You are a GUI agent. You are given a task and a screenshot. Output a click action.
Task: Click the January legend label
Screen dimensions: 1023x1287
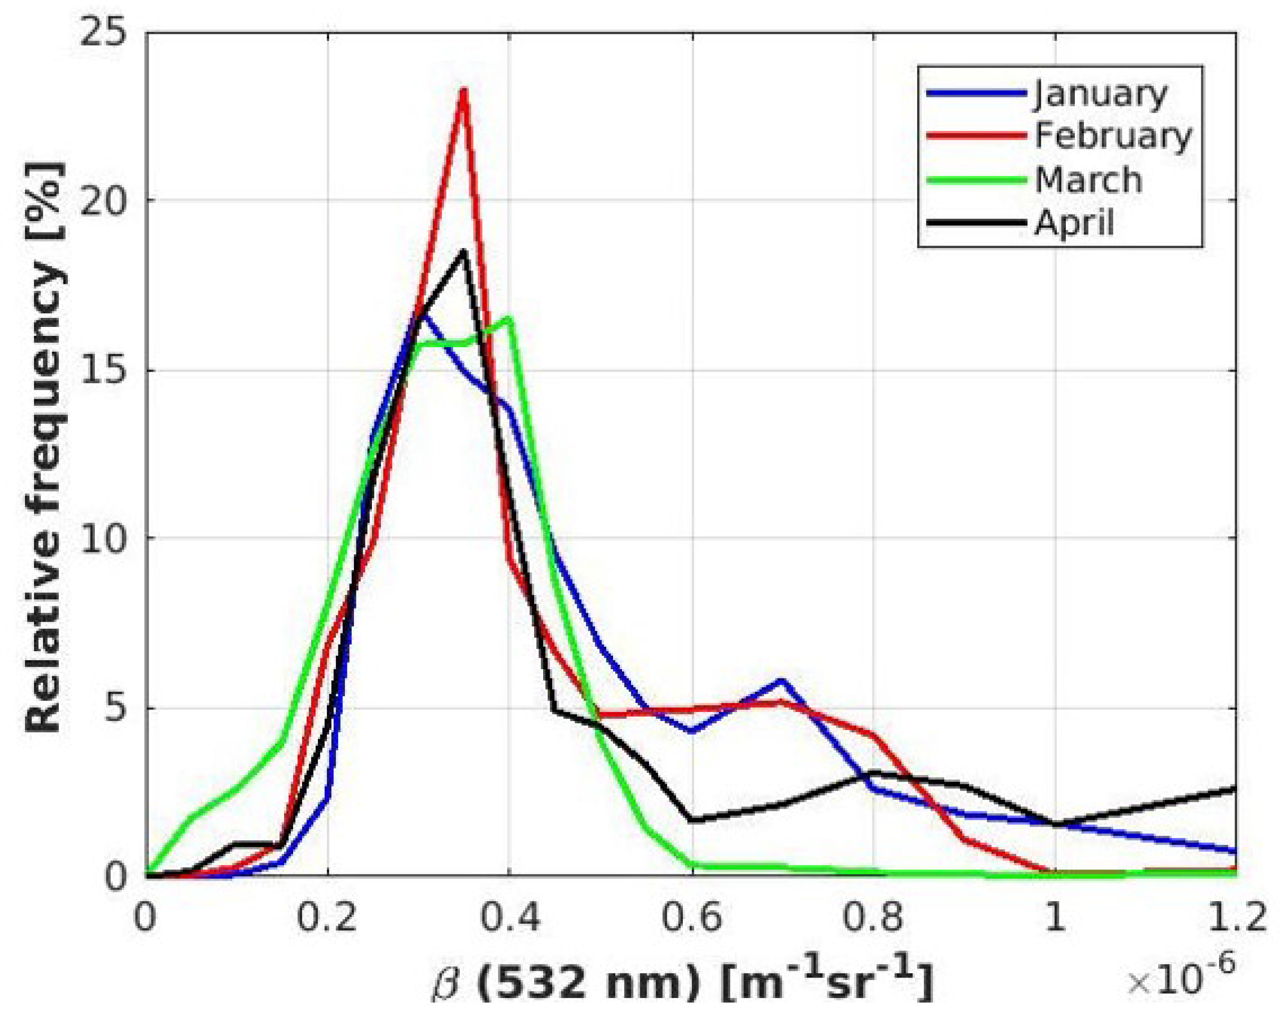(x=1100, y=94)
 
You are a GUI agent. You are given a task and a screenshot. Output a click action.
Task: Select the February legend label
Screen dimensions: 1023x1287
(x=1113, y=136)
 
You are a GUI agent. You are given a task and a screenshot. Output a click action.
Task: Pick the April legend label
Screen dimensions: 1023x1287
(x=1074, y=223)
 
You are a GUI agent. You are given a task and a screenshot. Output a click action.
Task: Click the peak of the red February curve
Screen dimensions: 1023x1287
(x=463, y=91)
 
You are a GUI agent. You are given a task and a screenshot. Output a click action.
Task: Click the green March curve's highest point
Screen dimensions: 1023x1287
(x=509, y=319)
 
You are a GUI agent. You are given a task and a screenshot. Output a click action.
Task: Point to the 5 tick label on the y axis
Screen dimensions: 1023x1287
(x=116, y=709)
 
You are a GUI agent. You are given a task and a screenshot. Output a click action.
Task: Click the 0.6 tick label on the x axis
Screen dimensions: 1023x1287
(x=692, y=917)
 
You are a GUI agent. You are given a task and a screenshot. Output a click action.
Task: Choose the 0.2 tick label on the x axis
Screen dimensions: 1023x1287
(x=327, y=917)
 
